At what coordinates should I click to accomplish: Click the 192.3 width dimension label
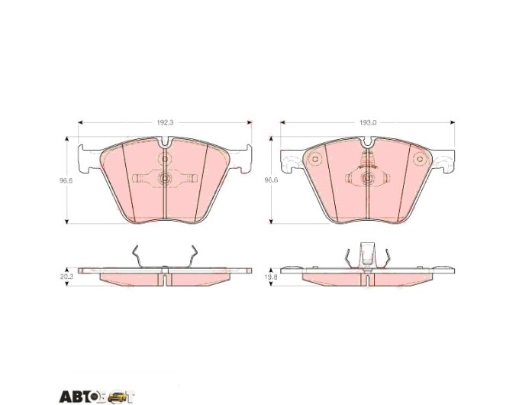(x=165, y=122)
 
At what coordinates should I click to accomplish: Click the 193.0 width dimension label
(x=368, y=122)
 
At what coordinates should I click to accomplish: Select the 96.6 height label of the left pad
(x=66, y=180)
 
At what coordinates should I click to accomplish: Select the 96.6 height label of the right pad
(x=271, y=180)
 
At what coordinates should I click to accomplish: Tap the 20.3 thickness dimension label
(x=66, y=277)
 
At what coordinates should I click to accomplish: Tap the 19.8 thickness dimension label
(x=272, y=277)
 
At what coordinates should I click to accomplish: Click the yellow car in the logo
(x=117, y=397)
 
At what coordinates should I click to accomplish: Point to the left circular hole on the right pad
(x=315, y=160)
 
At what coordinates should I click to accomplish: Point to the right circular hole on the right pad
(x=420, y=159)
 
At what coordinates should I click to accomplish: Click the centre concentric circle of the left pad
(x=165, y=179)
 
